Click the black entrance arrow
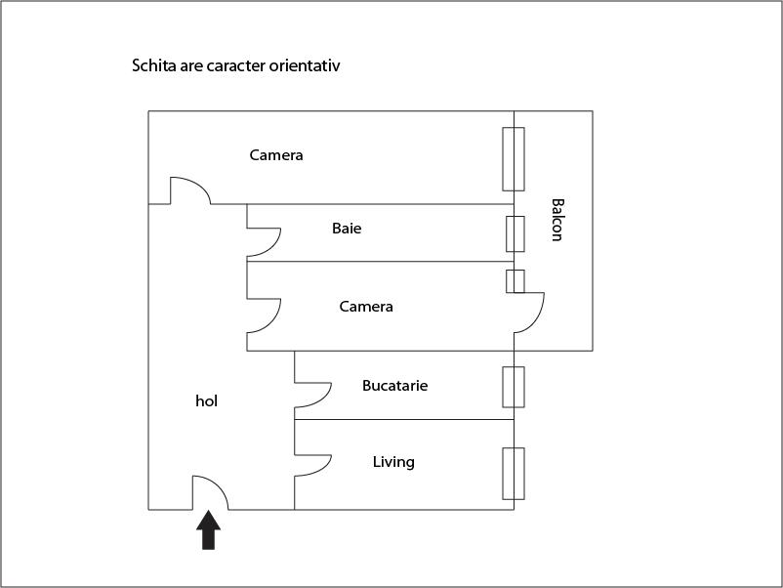[x=208, y=530]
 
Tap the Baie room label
[x=347, y=229]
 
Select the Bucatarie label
[x=395, y=386]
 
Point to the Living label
[x=393, y=462]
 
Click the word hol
[x=206, y=401]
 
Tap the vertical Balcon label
[x=557, y=220]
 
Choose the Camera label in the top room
[x=276, y=155]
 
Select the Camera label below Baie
[x=366, y=307]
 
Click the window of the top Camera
[x=514, y=159]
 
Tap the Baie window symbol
[x=515, y=233]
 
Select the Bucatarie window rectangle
[x=514, y=387]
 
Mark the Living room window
[x=514, y=474]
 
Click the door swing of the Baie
[x=264, y=243]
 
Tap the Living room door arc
[x=312, y=466]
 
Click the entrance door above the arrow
[x=211, y=492]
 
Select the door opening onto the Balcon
[x=529, y=313]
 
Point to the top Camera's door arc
[x=190, y=190]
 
